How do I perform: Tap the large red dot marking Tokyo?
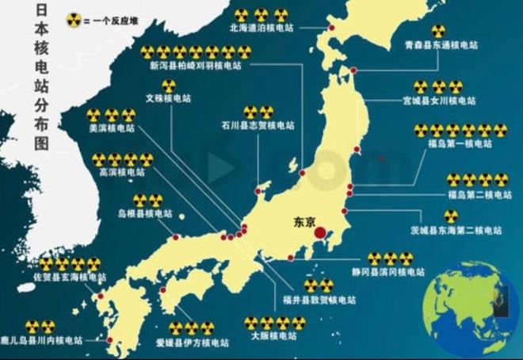[x=320, y=233]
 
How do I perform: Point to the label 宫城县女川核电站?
[x=444, y=101]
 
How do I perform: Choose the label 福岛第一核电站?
[x=457, y=144]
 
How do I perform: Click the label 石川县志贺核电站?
[x=259, y=125]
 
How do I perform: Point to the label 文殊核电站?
[x=167, y=100]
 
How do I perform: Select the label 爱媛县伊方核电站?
[x=193, y=343]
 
